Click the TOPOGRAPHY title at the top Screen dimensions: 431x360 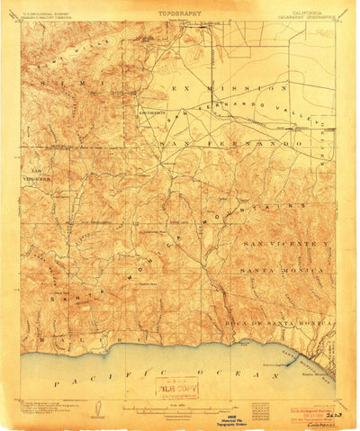(x=179, y=14)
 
